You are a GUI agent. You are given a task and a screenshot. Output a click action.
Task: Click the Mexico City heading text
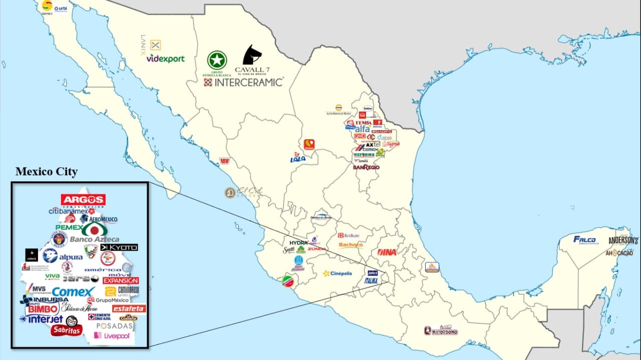[47, 172]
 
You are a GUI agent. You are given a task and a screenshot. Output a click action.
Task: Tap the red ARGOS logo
[83, 200]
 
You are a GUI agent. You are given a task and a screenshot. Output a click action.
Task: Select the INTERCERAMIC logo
[244, 82]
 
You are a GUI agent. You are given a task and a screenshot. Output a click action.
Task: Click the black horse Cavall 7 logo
[252, 55]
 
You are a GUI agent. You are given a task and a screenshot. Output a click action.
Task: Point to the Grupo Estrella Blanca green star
[217, 60]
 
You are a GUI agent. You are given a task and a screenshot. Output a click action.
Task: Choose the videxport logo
[165, 59]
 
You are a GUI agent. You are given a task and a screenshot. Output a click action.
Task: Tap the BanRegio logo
[366, 167]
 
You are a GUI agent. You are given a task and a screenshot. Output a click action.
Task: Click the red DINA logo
[387, 252]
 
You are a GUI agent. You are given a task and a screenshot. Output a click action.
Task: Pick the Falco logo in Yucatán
[585, 239]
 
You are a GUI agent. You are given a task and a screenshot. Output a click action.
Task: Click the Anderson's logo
[623, 241]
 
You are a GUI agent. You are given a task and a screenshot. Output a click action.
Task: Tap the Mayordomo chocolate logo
[441, 330]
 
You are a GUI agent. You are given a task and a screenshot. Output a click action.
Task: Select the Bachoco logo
[351, 245]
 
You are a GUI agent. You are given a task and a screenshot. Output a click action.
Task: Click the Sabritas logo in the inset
[66, 330]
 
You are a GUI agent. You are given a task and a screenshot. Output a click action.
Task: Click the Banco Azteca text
[94, 239]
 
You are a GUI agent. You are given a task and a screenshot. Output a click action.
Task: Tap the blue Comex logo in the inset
[73, 291]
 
